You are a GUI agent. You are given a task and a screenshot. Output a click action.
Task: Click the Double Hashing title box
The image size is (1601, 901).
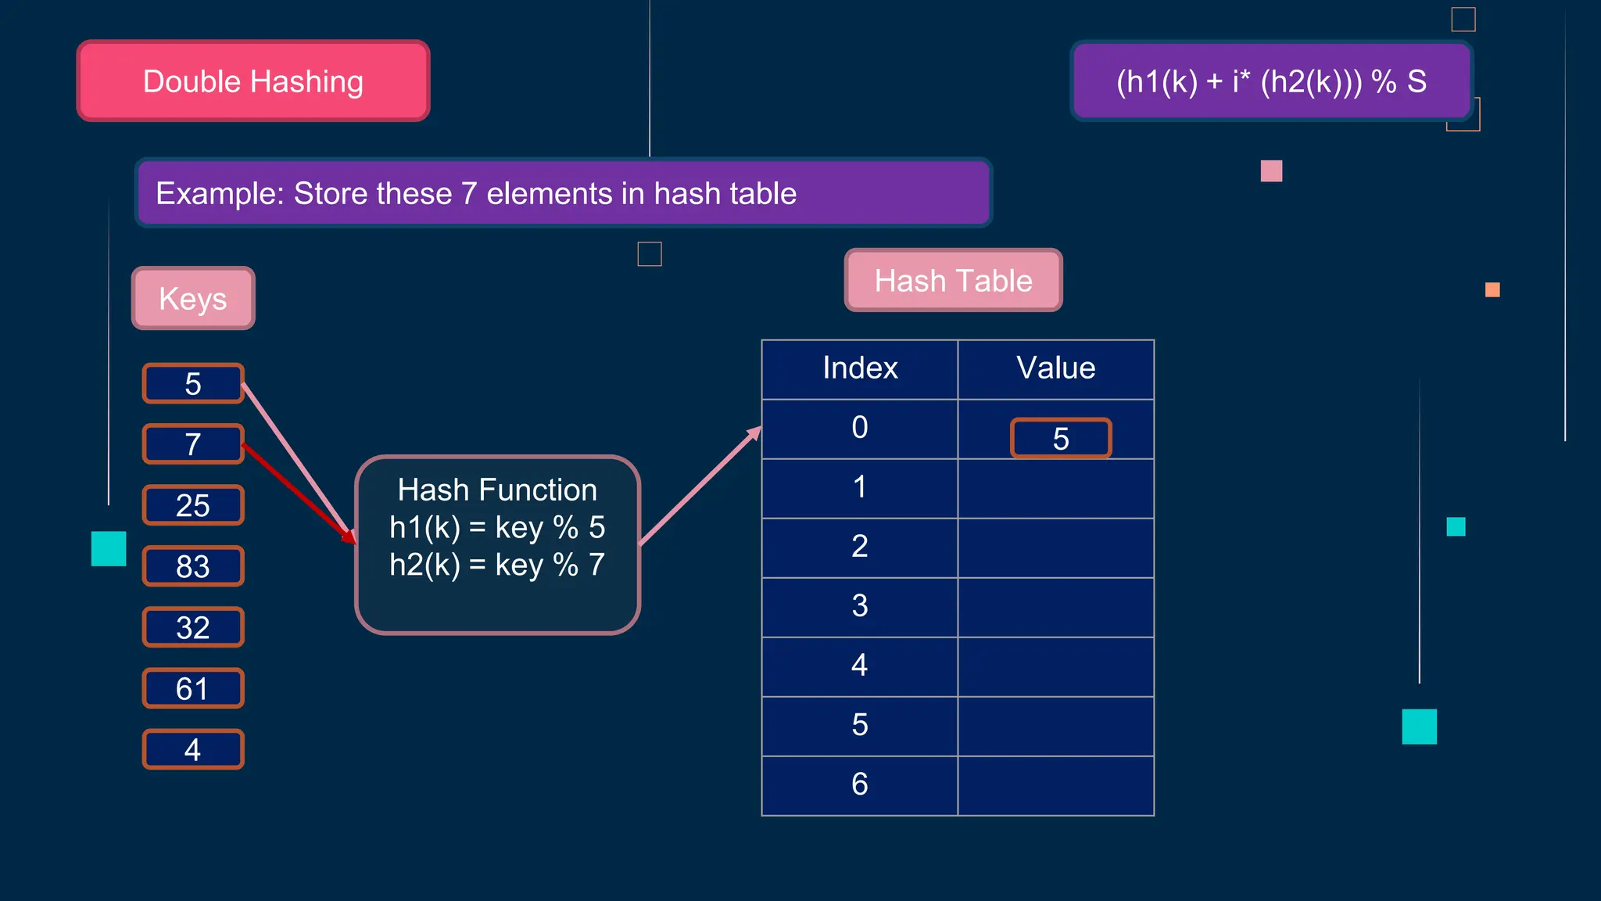(253, 81)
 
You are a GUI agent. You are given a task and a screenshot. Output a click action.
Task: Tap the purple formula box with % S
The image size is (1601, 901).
(1271, 81)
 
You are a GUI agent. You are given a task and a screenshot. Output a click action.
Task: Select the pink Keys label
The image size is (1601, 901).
(193, 298)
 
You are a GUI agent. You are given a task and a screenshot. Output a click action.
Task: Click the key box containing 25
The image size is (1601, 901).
(193, 505)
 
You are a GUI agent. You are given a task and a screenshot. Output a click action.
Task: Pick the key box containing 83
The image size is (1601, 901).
(193, 566)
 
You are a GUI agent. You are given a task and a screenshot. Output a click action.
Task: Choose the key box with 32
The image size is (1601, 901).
(193, 627)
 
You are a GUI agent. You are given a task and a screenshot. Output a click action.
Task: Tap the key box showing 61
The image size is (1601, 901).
(193, 688)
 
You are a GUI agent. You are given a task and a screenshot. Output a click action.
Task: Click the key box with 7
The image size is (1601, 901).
(193, 444)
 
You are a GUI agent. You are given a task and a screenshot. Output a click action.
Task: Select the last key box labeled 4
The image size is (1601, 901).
(193, 749)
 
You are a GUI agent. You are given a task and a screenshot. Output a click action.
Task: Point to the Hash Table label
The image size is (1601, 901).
(953, 280)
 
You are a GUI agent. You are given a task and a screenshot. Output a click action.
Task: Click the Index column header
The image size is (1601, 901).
(860, 368)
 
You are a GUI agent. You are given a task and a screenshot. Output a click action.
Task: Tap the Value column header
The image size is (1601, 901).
(1055, 368)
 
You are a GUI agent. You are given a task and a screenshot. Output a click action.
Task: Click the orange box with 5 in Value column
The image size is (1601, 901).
(1061, 438)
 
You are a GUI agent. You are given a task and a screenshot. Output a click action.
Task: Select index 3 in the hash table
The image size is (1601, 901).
(860, 606)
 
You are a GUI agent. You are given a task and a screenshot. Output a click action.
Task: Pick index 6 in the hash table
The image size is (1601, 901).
(860, 784)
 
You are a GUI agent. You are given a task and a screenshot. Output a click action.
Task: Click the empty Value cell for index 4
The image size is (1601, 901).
(1055, 666)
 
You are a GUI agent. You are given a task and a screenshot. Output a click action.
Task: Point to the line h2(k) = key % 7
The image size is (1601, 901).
(497, 565)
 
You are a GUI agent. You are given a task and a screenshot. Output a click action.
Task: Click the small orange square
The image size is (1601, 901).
(1492, 290)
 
